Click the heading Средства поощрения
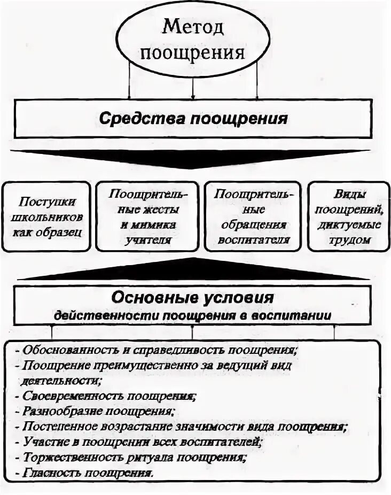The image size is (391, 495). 193,118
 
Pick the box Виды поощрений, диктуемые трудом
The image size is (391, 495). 347,216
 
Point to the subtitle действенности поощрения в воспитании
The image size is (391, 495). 193,315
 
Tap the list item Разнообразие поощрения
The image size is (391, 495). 100,412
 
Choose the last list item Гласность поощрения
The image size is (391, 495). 88,473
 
